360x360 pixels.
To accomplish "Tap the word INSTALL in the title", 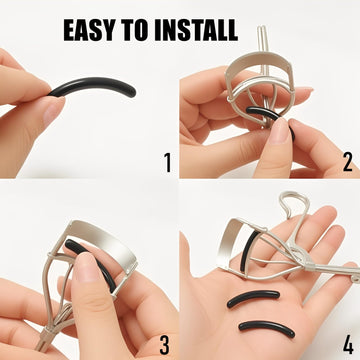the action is point(196,30).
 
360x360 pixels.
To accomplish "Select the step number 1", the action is point(168,162).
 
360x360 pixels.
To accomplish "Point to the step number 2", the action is point(348,162).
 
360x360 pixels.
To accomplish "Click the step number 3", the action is point(165,345).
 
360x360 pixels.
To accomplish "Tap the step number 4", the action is point(348,345).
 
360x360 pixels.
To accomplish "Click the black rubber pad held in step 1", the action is point(94,84).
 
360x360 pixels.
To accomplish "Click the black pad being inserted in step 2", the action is point(263,114).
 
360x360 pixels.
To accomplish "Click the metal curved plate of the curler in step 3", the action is point(103,242).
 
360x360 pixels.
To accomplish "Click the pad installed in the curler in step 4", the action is point(247,252).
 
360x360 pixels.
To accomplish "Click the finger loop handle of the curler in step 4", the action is point(295,204).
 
